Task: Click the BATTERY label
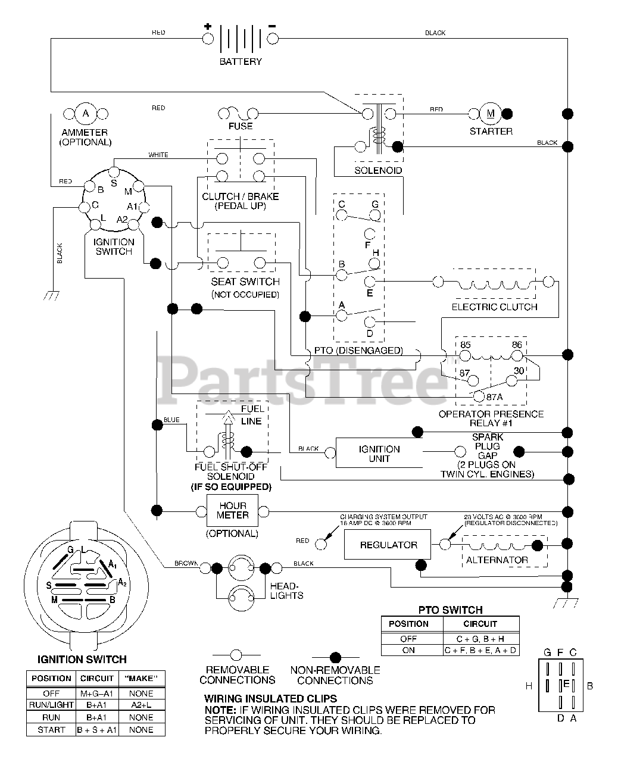(x=241, y=61)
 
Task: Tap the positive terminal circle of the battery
(x=208, y=39)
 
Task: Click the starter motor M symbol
(x=491, y=114)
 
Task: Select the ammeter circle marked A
(x=86, y=114)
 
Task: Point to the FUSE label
(x=241, y=126)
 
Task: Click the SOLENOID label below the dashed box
(x=378, y=170)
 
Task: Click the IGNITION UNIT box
(x=379, y=453)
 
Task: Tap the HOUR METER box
(x=233, y=511)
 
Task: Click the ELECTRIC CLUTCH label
(x=494, y=307)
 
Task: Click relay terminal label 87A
(x=495, y=396)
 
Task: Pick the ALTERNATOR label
(x=497, y=560)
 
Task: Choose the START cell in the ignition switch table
(x=51, y=730)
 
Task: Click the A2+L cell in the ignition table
(x=141, y=705)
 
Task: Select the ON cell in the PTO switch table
(x=408, y=650)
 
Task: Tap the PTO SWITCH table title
(x=450, y=610)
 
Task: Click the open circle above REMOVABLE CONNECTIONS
(x=236, y=655)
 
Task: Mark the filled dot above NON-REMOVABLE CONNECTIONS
(x=335, y=657)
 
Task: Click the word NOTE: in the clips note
(x=220, y=710)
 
